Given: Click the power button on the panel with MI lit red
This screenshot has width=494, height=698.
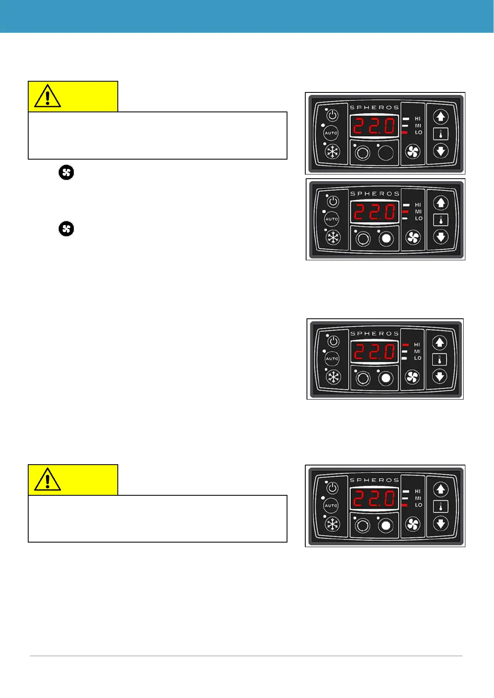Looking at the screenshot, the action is (x=333, y=202).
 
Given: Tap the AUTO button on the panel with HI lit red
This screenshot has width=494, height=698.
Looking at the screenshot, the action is (x=332, y=359).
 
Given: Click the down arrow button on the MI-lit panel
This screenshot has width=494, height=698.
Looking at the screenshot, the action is (x=440, y=237).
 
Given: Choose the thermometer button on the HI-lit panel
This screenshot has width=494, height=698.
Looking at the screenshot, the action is (x=439, y=359).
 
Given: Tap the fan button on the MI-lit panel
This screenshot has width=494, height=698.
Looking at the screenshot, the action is (x=413, y=238).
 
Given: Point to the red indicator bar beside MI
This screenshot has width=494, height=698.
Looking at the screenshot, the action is (x=405, y=212).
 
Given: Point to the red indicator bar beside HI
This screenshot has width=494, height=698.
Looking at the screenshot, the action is (x=405, y=345).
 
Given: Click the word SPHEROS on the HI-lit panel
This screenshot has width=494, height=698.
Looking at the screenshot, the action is (x=375, y=333).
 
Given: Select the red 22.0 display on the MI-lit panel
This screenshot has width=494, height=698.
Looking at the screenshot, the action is (x=375, y=213).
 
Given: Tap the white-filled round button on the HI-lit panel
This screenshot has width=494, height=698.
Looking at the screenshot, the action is (x=386, y=378).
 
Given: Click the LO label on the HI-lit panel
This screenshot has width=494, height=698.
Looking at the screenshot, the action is (x=418, y=358).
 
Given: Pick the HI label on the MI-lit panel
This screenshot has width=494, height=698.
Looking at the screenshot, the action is (x=418, y=205).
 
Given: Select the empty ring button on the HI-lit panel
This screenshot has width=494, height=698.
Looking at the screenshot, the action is (x=363, y=378).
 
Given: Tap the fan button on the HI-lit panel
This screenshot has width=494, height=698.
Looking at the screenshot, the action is (x=412, y=377).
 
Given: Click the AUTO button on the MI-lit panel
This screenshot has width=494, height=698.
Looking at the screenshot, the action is (x=332, y=219).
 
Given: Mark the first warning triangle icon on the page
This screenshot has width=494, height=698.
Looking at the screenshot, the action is (x=48, y=97).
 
